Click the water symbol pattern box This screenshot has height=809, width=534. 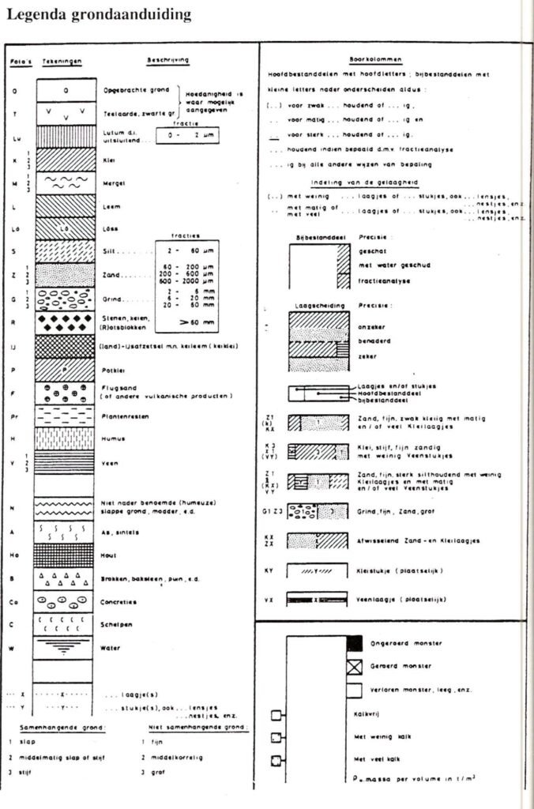pos(66,647)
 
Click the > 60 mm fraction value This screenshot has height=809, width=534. pos(186,322)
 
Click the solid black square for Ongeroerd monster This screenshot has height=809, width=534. pos(355,642)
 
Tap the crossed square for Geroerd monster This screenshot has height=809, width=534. pos(355,666)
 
